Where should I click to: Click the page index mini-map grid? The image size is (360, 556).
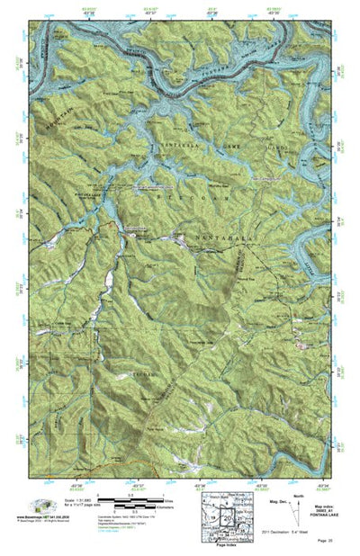tap(211, 515)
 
